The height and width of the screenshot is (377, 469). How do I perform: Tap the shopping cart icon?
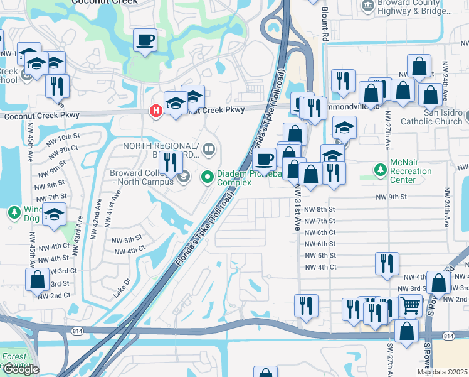(x=410, y=305)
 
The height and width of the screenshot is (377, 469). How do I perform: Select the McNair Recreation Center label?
(x=403, y=171)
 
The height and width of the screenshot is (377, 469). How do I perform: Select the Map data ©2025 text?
(x=443, y=372)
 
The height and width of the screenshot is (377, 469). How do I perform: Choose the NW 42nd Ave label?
(x=97, y=215)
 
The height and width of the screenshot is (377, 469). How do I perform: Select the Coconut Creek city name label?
(x=106, y=3)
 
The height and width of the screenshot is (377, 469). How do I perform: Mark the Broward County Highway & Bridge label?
(x=413, y=8)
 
